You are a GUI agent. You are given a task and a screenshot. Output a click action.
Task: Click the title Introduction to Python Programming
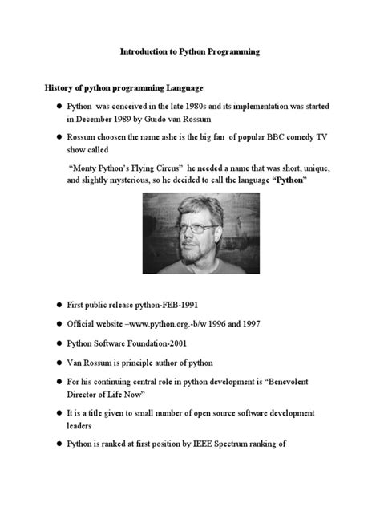[x=190, y=51]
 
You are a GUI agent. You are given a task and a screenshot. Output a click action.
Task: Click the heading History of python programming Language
[x=123, y=87]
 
